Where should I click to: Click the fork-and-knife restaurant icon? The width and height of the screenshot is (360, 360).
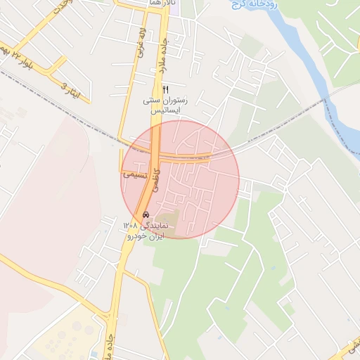coord(166,89)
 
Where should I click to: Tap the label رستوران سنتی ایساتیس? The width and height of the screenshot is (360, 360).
coord(166,105)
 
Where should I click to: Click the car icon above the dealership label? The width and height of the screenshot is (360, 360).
coord(146,214)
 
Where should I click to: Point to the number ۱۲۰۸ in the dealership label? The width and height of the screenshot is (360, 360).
coord(130,226)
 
